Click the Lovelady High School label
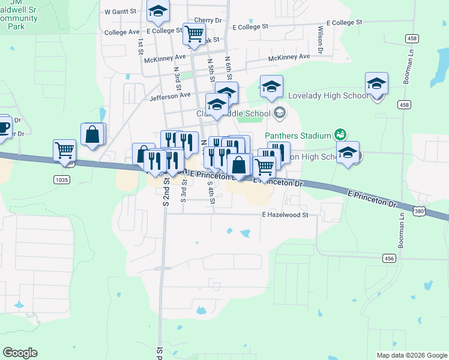coord(328,96)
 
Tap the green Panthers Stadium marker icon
coord(340,134)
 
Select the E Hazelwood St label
coord(285,214)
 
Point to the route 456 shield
coord(390,258)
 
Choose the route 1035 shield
coord(61,179)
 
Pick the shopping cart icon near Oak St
coord(194,34)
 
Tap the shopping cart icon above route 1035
coord(64,150)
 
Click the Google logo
coord(20,353)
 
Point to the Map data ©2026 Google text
coord(411,355)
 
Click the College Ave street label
coord(122,32)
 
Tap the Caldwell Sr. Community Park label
coord(18,18)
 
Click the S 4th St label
coord(211,193)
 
